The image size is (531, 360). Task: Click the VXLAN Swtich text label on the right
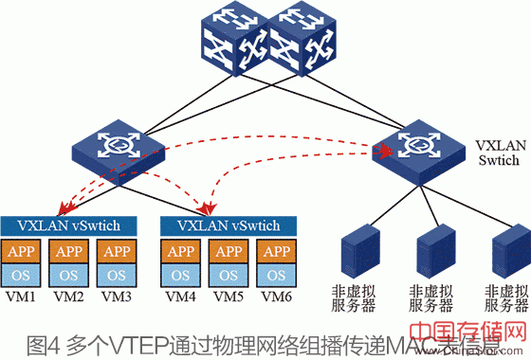[499, 157]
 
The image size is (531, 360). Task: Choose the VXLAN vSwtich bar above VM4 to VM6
[229, 225]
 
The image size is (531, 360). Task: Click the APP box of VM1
[24, 252]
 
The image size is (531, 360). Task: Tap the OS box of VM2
[69, 275]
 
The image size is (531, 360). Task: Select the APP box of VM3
[115, 252]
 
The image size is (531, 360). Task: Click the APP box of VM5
[229, 252]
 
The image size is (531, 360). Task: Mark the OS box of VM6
[274, 275]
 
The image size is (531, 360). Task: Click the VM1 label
[22, 297]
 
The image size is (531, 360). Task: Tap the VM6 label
[276, 297]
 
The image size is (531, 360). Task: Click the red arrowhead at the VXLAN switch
[385, 149]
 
